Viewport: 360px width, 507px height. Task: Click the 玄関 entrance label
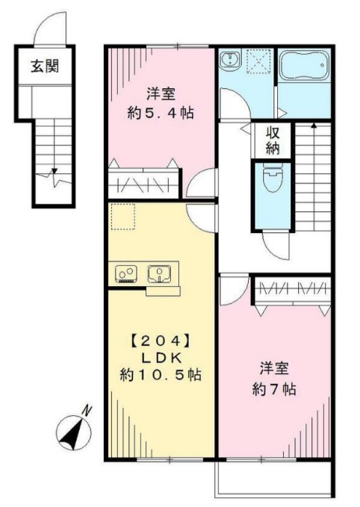[x=45, y=66]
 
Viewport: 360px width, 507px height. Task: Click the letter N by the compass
[x=87, y=409]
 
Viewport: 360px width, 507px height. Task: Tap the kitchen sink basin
[x=159, y=274]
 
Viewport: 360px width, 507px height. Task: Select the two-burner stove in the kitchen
[x=125, y=274]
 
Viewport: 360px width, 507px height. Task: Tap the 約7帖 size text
[x=274, y=388]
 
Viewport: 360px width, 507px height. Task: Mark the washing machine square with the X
[x=259, y=61]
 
